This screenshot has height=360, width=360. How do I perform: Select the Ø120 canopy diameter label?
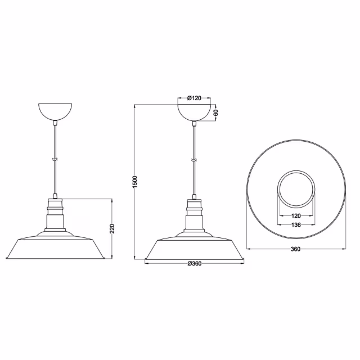194,98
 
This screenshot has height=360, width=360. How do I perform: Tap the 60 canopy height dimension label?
216,112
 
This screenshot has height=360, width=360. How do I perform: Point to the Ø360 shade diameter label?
194,264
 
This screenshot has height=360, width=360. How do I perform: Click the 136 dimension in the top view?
296,224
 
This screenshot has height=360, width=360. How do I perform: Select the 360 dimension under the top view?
296,249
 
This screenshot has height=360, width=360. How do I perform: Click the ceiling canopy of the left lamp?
56,111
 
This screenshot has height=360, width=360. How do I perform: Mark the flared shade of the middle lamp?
194,248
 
